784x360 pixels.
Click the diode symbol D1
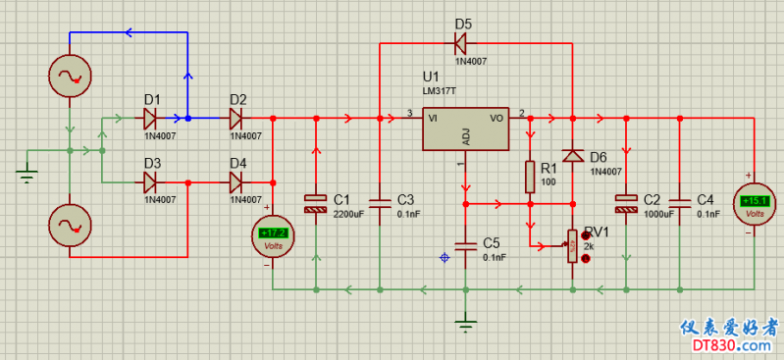149,119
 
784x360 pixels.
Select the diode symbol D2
235,119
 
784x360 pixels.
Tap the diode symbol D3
149,181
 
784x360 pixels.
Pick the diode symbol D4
235,181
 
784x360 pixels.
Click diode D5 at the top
459,43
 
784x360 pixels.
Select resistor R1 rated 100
530,177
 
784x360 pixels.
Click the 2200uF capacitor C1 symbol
316,204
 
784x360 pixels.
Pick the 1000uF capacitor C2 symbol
626,204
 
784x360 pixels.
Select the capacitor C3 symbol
380,204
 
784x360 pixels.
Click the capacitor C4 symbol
679,204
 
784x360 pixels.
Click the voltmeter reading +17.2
273,234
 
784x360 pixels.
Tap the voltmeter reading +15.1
754,204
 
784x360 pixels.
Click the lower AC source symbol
70,226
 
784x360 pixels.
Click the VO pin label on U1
497,118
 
